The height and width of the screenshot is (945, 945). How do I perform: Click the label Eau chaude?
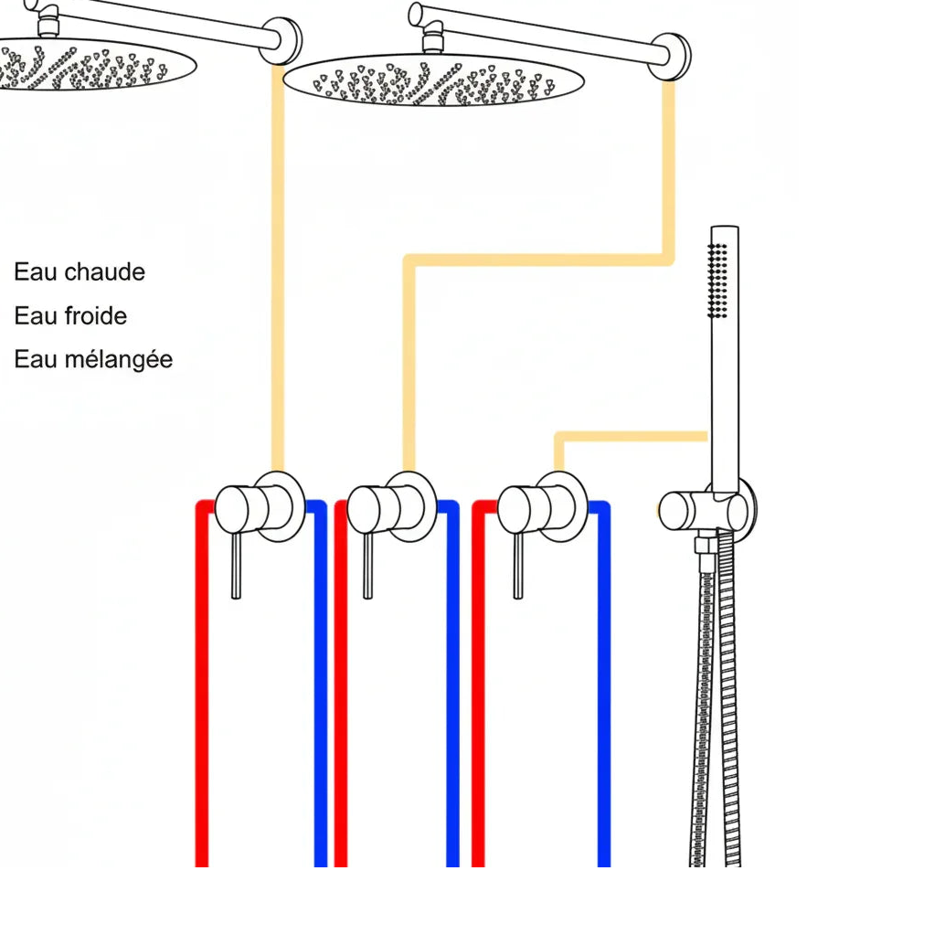point(80,272)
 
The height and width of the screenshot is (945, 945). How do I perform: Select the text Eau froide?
point(70,316)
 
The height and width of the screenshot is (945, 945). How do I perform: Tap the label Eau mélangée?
point(93,359)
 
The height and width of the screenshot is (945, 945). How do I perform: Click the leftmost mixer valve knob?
point(239,509)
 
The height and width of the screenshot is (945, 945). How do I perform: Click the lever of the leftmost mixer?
point(236,566)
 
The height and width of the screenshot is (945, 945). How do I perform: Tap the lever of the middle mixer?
point(367,566)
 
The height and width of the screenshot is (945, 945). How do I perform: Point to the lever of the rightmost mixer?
point(518,566)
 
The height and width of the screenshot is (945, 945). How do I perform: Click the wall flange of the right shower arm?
point(674,57)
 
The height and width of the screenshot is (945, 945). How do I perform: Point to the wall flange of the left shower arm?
point(282,41)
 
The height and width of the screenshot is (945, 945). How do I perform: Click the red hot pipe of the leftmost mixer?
point(202,685)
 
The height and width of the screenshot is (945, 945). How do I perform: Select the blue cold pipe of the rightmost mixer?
point(603,685)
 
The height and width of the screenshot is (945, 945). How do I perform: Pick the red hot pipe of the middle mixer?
point(341,685)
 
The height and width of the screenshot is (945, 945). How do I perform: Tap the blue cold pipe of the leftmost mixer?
point(320,685)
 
